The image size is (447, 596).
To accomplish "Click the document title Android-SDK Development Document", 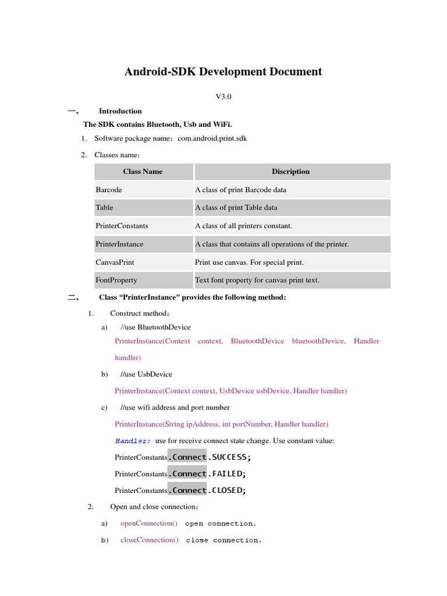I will click(223, 72).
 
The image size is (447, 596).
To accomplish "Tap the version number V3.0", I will click(223, 97).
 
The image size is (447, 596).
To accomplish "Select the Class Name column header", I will click(143, 172).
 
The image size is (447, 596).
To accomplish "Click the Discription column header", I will click(290, 172).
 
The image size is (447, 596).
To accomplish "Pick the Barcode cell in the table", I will click(109, 190).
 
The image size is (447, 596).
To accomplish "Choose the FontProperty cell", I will click(116, 280).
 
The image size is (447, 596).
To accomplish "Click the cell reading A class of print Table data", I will click(236, 208).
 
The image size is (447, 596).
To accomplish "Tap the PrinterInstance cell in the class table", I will click(119, 244).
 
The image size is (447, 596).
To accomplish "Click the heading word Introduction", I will click(120, 111).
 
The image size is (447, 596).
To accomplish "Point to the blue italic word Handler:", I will click(133, 441).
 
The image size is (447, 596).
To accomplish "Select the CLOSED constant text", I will click(228, 490).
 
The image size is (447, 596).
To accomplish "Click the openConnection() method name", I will click(149, 523).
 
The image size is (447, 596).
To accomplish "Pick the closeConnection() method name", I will click(150, 540).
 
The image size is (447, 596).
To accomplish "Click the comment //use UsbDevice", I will click(146, 374).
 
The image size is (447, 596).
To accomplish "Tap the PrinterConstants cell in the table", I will click(122, 226).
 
